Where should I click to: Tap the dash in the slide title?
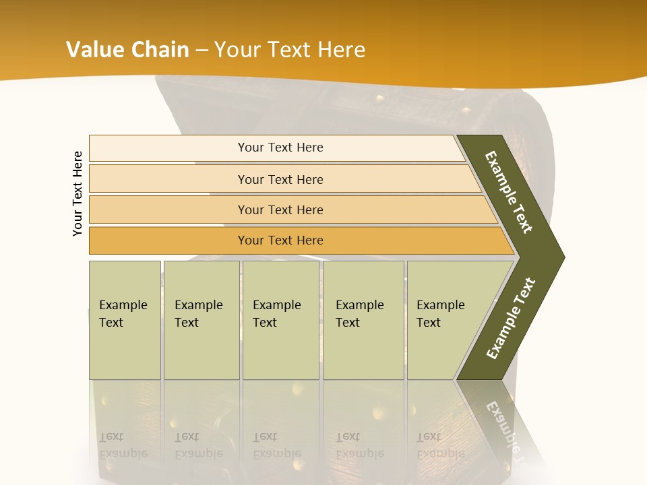coord(202,51)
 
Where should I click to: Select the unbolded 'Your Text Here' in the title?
coord(290,50)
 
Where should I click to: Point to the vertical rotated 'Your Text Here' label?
coord(78,193)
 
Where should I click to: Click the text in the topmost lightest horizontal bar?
coord(280,148)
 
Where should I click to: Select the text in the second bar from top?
coord(280,180)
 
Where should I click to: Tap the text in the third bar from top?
coord(280,210)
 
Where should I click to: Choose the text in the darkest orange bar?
coord(280,240)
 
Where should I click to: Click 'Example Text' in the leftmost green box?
coord(123,314)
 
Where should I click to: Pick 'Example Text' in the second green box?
coord(198,314)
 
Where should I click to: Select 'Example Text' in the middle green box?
coord(276,314)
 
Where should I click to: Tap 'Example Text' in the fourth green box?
coord(359,314)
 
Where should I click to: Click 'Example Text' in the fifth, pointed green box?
coord(440,314)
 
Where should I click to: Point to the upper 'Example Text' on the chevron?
coord(509,192)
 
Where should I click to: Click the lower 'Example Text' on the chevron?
coord(510,319)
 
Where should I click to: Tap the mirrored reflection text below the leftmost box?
coord(123,445)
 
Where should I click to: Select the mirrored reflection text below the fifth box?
coord(440,445)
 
